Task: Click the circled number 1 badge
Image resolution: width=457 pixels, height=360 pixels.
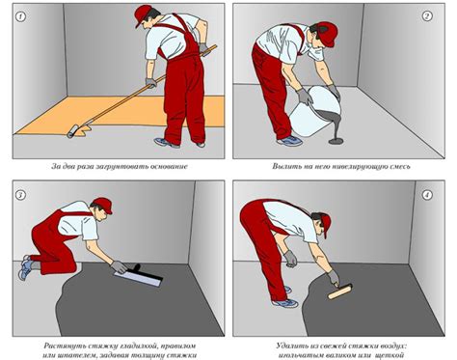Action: pos(21,16)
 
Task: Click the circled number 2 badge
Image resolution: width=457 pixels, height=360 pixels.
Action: pos(427,15)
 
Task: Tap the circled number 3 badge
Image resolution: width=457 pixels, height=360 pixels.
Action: pos(21,195)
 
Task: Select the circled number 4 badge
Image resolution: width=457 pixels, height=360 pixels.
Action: pos(427,195)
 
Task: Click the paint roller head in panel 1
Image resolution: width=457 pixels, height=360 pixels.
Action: pos(72,131)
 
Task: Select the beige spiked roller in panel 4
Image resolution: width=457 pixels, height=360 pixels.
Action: pos(340,291)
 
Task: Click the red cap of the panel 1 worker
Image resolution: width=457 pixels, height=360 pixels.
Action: pos(144,14)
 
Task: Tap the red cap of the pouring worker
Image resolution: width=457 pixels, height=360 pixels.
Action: pos(328,34)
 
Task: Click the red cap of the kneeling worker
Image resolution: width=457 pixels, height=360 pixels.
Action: pos(103,205)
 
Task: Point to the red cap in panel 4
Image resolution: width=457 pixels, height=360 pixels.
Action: pos(326,225)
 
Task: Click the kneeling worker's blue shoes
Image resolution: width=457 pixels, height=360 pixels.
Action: pos(25,267)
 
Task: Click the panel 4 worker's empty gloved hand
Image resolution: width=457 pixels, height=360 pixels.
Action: pos(291,259)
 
